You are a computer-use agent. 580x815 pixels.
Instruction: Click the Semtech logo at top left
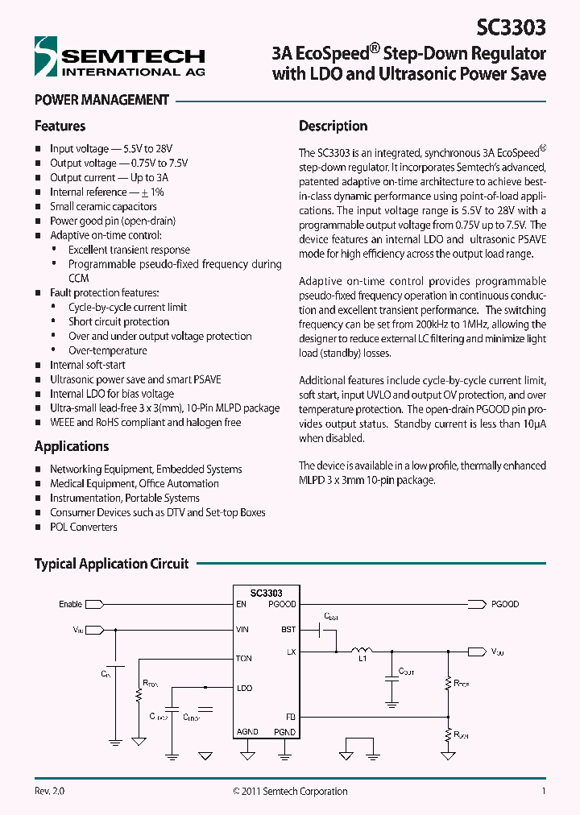(x=119, y=59)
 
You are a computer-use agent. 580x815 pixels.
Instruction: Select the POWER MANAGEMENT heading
(x=101, y=101)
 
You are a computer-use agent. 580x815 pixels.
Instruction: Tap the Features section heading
(x=60, y=126)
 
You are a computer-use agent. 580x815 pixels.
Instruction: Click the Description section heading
(x=333, y=126)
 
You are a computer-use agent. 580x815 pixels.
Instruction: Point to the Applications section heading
(x=72, y=446)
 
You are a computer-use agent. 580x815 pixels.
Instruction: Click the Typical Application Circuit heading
(x=111, y=564)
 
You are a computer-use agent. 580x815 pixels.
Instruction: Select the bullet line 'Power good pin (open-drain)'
(x=112, y=221)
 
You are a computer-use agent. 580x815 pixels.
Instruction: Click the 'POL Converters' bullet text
(x=83, y=527)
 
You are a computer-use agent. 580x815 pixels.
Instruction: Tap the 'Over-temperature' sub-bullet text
(x=107, y=350)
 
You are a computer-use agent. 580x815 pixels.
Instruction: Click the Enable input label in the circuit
(x=70, y=604)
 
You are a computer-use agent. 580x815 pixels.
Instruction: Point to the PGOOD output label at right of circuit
(x=505, y=604)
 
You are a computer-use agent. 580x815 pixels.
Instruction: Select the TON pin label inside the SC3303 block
(x=244, y=659)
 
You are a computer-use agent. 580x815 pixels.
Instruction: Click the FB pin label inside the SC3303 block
(x=291, y=715)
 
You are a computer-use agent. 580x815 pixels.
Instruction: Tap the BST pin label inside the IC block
(x=288, y=629)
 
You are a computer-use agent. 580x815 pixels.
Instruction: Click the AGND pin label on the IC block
(x=247, y=731)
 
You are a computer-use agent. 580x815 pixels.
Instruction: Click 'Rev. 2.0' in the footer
(x=49, y=792)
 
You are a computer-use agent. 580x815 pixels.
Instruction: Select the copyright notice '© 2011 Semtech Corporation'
(x=290, y=792)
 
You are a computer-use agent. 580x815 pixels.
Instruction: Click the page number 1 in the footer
(x=544, y=792)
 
